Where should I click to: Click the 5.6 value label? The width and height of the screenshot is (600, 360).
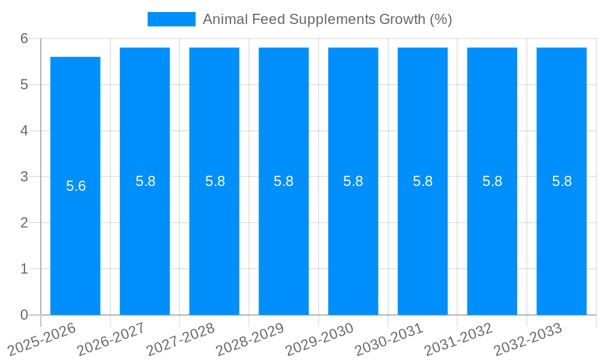click(76, 186)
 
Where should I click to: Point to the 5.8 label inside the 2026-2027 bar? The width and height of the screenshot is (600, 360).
click(145, 181)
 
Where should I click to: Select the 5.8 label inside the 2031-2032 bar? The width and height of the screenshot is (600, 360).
click(492, 181)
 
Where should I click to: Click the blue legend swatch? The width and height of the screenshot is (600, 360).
click(171, 19)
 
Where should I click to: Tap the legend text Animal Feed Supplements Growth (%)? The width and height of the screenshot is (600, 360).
click(327, 19)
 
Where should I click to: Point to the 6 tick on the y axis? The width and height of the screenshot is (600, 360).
click(24, 38)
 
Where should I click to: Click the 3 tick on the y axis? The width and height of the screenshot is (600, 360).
click(24, 176)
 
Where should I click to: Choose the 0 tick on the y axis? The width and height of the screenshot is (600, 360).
click(24, 315)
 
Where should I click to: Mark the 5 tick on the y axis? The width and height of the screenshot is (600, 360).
click(24, 85)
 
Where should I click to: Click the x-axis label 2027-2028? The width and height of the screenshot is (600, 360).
click(181, 339)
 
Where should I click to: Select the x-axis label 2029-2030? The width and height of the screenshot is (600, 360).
click(320, 339)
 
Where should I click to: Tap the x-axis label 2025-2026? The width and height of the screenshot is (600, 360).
click(42, 339)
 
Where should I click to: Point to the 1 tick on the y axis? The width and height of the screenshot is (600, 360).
click(24, 269)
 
